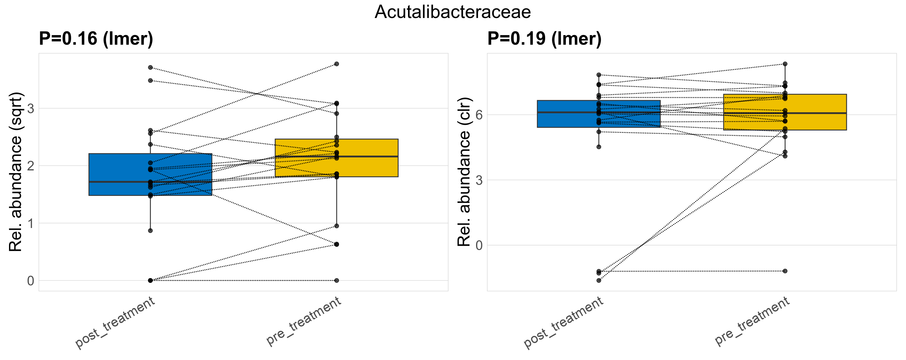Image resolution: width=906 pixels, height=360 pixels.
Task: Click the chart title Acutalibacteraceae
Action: click(x=453, y=12)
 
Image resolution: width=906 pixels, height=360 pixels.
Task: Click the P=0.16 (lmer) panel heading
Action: click(x=96, y=38)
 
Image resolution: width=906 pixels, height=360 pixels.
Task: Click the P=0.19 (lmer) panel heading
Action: click(x=544, y=38)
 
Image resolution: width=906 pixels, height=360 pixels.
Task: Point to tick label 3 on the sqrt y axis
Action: click(x=31, y=108)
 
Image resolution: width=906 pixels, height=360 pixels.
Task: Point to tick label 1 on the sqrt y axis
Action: click(x=31, y=223)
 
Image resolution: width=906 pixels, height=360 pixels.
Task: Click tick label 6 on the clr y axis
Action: click(x=479, y=115)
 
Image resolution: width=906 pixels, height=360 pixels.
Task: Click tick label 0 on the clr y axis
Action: click(x=479, y=245)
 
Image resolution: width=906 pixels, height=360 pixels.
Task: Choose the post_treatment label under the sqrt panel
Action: click(x=115, y=322)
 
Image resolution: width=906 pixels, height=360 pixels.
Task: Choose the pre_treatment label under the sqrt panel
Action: click(x=304, y=321)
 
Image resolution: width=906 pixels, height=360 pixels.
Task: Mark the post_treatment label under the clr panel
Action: click(x=564, y=322)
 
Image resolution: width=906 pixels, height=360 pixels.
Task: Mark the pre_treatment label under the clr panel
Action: click(x=752, y=321)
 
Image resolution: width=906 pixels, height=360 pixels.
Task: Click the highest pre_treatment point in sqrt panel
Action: click(x=337, y=64)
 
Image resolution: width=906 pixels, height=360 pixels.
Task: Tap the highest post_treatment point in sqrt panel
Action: click(x=150, y=67)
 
